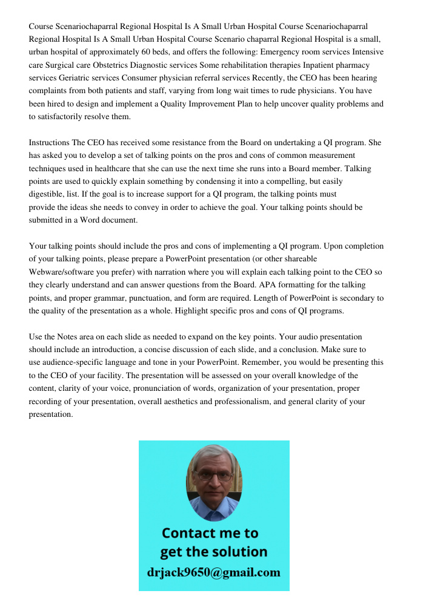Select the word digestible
(48, 195)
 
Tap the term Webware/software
(64, 272)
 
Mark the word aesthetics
(210, 402)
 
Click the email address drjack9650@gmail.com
(214, 572)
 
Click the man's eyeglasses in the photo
(214, 475)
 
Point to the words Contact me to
(210, 533)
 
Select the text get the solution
(213, 552)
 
